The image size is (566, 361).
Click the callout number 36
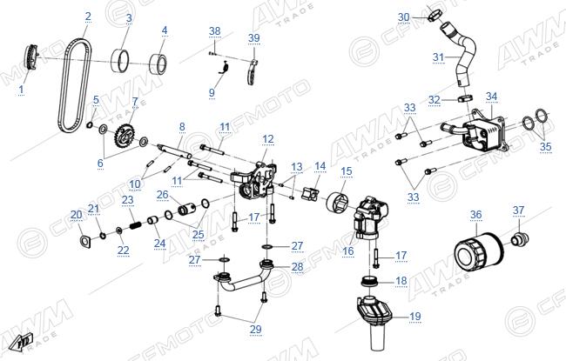(x=475, y=215)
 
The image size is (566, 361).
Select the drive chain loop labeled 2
(x=75, y=87)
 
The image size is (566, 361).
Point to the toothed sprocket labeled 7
(x=124, y=137)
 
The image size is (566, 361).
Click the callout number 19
(x=415, y=317)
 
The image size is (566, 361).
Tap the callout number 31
(x=438, y=57)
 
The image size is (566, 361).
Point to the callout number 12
(x=268, y=139)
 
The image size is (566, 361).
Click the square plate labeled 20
(x=85, y=241)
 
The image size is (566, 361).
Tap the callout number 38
(x=214, y=31)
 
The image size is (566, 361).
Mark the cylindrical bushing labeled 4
(x=158, y=64)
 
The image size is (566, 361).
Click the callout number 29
(x=255, y=330)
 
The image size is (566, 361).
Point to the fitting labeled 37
(x=520, y=238)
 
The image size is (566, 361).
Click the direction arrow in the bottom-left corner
(x=21, y=342)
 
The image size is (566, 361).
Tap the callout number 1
(x=21, y=90)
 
